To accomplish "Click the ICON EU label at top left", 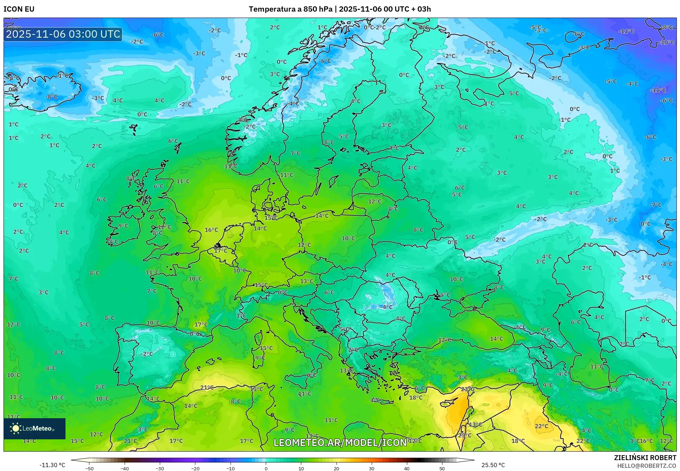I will [19, 9].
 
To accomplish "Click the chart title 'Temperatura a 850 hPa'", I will [290, 9].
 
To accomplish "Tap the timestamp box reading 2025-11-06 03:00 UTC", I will [63, 34].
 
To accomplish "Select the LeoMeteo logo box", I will [34, 428].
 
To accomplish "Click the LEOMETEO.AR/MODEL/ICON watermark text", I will [340, 442].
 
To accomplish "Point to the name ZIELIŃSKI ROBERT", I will [645, 458].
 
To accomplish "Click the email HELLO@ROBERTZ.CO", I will [647, 466].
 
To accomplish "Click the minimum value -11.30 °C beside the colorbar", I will [52, 465].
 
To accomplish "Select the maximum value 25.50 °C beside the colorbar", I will [493, 465].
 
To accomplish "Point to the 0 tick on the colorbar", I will [266, 469].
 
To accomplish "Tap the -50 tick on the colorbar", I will [89, 469].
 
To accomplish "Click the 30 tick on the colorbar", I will [372, 469].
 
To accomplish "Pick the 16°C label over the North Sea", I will [211, 230].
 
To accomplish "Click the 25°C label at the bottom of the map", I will [465, 435].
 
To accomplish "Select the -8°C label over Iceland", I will [51, 96].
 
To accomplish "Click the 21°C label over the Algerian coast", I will [207, 388].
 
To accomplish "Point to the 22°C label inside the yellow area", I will [541, 426].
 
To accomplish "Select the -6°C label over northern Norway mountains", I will [325, 61].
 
